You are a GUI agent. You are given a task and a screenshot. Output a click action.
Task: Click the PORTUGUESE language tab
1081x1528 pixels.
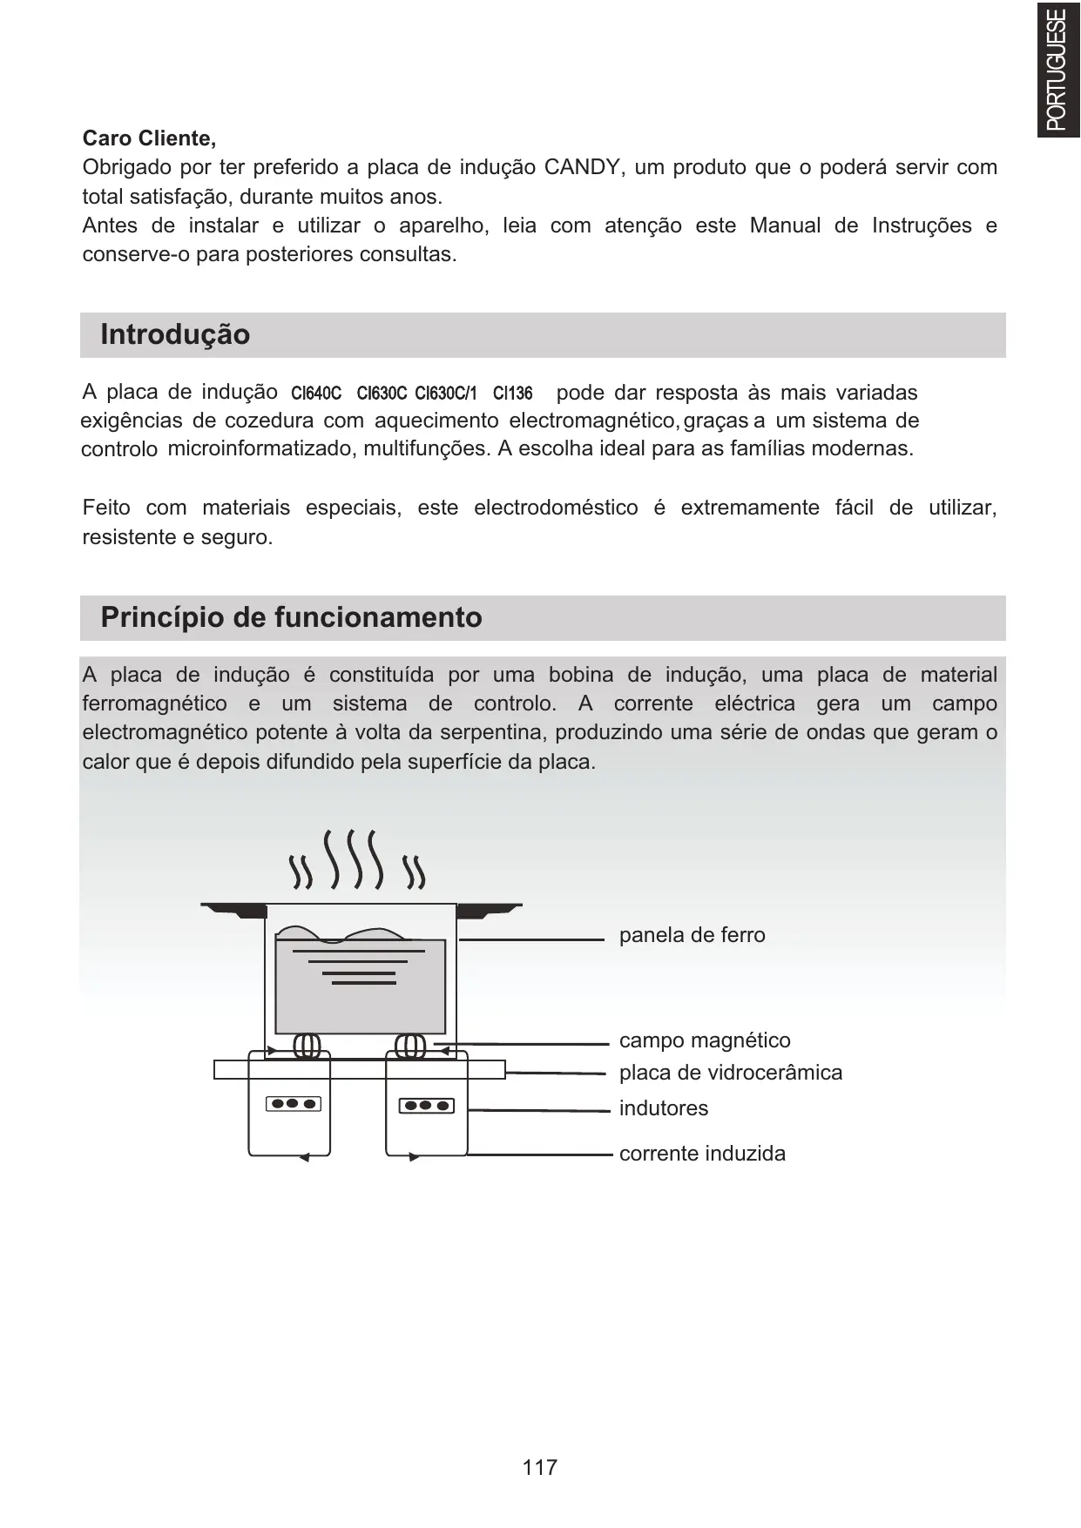[x=1057, y=69]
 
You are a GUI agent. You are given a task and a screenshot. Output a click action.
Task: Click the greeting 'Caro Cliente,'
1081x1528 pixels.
[x=149, y=138]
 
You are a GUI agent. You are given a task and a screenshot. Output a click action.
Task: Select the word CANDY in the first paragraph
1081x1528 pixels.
[x=581, y=167]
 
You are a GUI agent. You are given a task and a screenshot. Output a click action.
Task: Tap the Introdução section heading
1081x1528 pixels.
[x=175, y=334]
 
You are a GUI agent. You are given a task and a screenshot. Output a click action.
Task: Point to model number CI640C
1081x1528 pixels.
[x=315, y=394]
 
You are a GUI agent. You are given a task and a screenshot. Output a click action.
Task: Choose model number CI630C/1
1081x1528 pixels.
[x=446, y=394]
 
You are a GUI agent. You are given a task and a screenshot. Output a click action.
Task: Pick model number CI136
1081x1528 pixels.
[x=512, y=394]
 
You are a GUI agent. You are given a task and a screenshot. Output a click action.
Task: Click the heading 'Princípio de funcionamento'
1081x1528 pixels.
[x=291, y=617]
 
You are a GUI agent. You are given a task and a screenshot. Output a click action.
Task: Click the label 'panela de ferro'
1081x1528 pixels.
[x=692, y=935]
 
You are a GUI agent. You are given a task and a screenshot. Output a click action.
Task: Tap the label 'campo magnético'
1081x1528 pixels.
[x=705, y=1040]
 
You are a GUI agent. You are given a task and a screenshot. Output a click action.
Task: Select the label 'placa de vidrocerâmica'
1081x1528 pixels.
[x=731, y=1073]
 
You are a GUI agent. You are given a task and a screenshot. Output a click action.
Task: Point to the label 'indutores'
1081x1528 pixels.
[x=664, y=1108]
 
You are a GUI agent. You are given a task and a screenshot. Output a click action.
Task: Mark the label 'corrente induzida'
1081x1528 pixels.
[x=702, y=1154]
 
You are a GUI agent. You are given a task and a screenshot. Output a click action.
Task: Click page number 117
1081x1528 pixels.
[x=540, y=1468]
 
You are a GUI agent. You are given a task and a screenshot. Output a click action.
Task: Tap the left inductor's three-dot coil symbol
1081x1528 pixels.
[x=294, y=1104]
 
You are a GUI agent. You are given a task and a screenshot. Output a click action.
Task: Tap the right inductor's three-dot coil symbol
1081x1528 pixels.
[x=427, y=1106]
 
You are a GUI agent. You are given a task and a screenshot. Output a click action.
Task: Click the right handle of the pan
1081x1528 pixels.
[x=488, y=911]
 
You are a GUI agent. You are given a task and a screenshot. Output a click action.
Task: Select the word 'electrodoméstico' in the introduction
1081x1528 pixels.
[x=556, y=508]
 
